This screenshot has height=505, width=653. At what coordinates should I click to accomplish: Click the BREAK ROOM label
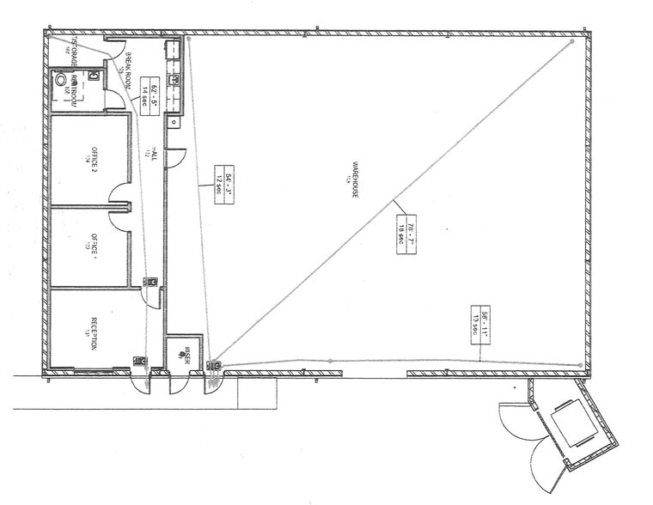point(125,70)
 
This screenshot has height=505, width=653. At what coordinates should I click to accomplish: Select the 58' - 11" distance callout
point(479,325)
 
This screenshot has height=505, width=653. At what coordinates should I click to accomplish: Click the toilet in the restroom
point(62,79)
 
